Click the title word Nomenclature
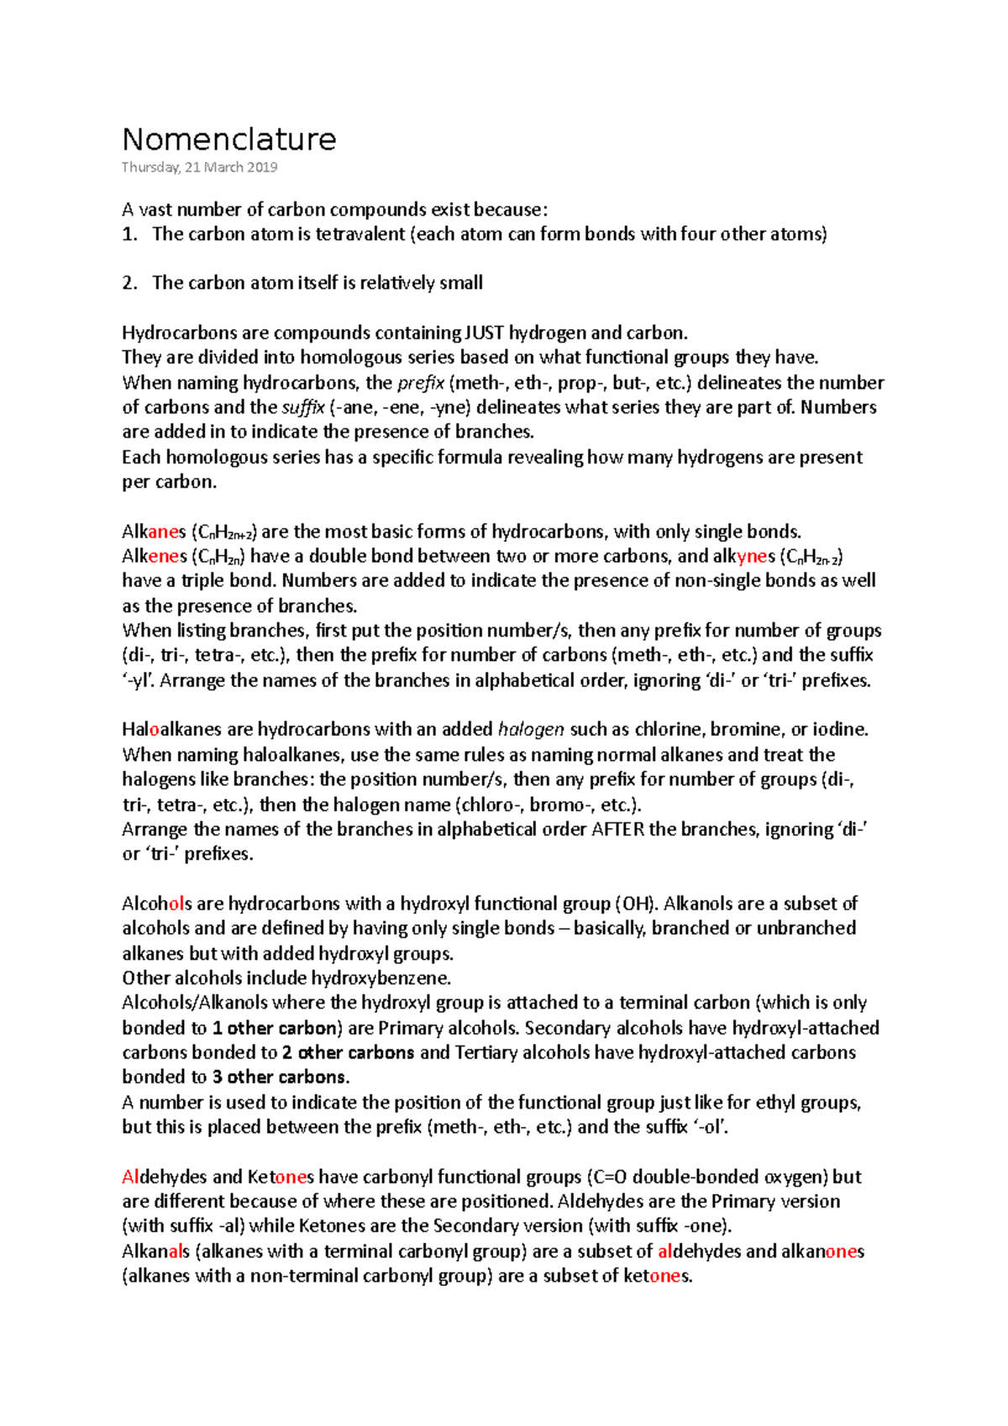point(228,139)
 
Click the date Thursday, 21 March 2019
point(199,167)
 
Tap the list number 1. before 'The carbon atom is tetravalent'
point(129,234)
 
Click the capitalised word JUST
point(484,333)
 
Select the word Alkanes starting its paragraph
point(154,532)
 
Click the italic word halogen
point(531,730)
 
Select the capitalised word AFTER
point(617,830)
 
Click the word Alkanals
point(155,1251)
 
